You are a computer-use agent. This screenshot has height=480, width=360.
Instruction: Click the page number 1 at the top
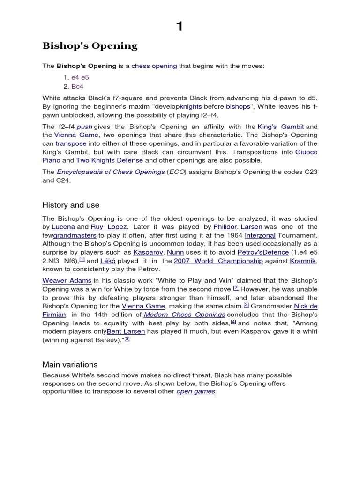click(x=180, y=27)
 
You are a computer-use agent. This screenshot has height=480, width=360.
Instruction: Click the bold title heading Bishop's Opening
click(x=90, y=46)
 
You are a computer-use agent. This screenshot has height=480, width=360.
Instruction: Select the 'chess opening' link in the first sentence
click(x=154, y=66)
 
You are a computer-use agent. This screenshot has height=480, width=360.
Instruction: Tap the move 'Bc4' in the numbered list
click(x=77, y=87)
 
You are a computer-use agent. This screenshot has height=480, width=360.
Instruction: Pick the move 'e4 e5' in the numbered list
click(x=80, y=77)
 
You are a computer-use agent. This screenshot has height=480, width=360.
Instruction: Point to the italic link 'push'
click(x=84, y=127)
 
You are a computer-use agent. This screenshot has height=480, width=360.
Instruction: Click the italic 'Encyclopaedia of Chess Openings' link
click(x=111, y=172)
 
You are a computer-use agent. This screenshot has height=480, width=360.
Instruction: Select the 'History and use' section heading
click(x=71, y=205)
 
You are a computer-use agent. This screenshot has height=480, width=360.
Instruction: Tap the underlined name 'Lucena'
click(x=63, y=227)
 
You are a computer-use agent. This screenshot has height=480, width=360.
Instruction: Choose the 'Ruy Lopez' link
click(x=109, y=227)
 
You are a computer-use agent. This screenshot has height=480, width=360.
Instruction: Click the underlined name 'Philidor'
click(x=225, y=227)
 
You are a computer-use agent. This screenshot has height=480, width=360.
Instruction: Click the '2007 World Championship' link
click(x=218, y=261)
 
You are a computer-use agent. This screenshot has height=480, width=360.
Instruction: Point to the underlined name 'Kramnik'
click(x=303, y=261)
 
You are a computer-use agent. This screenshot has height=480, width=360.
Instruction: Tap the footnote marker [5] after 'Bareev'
click(x=127, y=339)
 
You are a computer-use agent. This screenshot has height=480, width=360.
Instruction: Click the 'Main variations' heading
click(x=70, y=364)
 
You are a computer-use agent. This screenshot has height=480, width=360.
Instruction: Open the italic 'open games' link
click(x=196, y=391)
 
